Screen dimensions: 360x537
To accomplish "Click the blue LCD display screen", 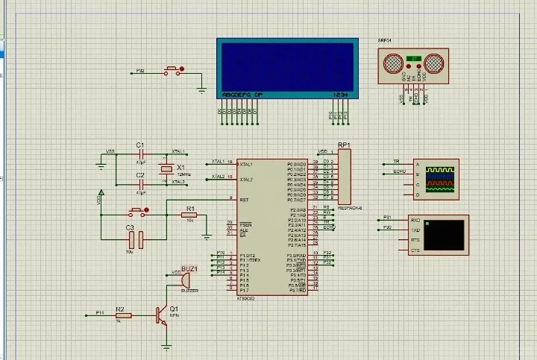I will pyautogui.click(x=286, y=65).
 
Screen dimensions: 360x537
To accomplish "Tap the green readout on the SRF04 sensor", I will pyautogui.click(x=415, y=57).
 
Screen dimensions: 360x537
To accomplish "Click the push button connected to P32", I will pyautogui.click(x=173, y=71).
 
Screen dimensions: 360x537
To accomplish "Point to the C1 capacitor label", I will pyautogui.click(x=139, y=144).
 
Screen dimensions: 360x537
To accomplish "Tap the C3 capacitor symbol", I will pyautogui.click(x=135, y=239).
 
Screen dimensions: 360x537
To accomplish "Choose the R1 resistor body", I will pyautogui.click(x=190, y=216).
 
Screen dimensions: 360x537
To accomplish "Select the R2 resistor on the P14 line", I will pyautogui.click(x=123, y=315).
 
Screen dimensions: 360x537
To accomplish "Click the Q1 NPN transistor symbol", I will pyautogui.click(x=162, y=316).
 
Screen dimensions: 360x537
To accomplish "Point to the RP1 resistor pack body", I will pyautogui.click(x=344, y=177).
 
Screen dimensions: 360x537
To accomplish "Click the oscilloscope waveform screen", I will pyautogui.click(x=439, y=180).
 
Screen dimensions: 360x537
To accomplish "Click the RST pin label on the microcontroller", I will pyautogui.click(x=245, y=200).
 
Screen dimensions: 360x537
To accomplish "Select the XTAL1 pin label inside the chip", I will pyautogui.click(x=246, y=164).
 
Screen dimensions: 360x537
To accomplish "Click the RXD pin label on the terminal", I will pyautogui.click(x=415, y=221).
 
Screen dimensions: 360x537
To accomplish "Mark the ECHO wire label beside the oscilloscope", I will pyautogui.click(x=399, y=172).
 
